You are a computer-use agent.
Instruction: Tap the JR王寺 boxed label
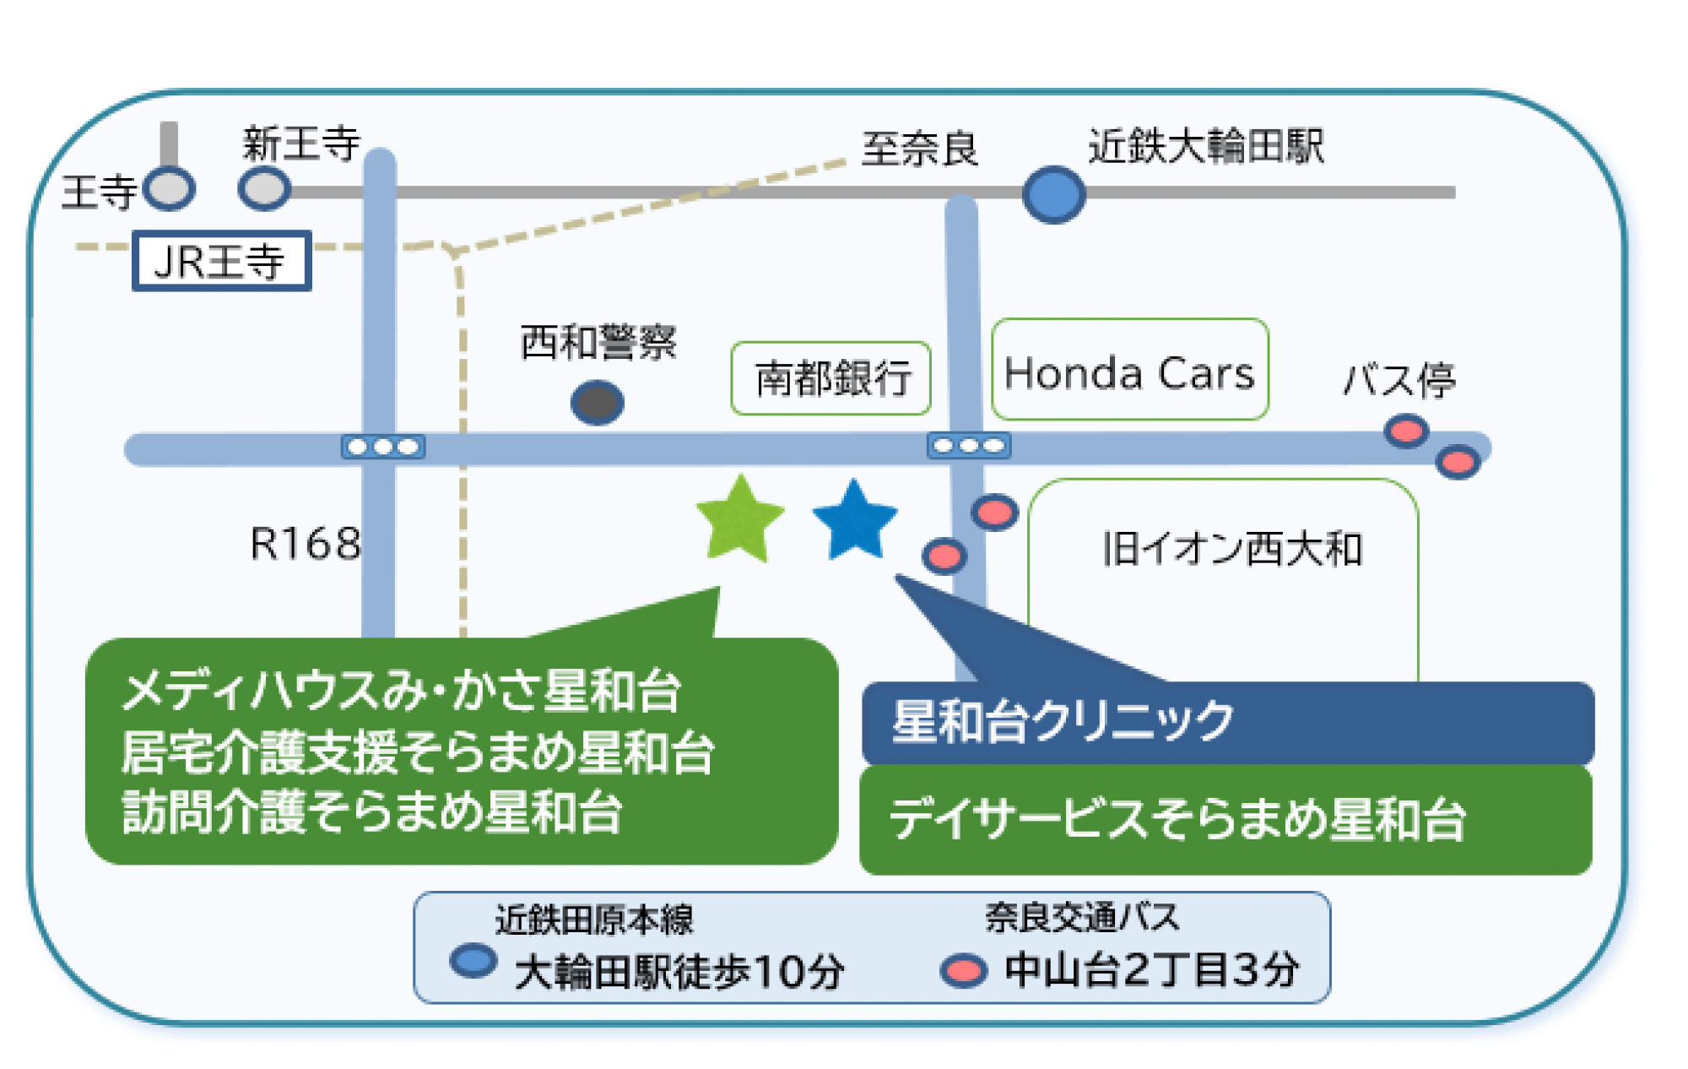point(221,261)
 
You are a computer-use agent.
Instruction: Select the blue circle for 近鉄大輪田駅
point(1053,194)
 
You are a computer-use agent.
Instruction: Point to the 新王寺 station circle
point(264,188)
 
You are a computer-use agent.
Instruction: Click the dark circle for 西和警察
point(597,402)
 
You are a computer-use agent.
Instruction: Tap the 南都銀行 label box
point(831,378)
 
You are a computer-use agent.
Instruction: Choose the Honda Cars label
point(1129,371)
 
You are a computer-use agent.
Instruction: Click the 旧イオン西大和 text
point(1231,549)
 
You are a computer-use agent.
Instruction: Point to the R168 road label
point(306,544)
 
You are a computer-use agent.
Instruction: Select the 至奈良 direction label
point(918,149)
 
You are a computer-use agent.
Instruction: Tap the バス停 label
point(1399,380)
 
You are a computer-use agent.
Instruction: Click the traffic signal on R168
point(383,447)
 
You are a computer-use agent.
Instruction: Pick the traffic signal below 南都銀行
point(969,445)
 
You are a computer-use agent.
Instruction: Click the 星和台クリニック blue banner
point(1227,723)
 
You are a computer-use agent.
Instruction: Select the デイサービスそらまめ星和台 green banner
point(1225,819)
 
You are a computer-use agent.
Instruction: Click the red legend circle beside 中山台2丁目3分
point(963,971)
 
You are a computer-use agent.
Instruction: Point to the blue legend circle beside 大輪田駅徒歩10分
point(473,962)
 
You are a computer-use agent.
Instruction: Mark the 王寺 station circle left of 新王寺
point(170,188)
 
